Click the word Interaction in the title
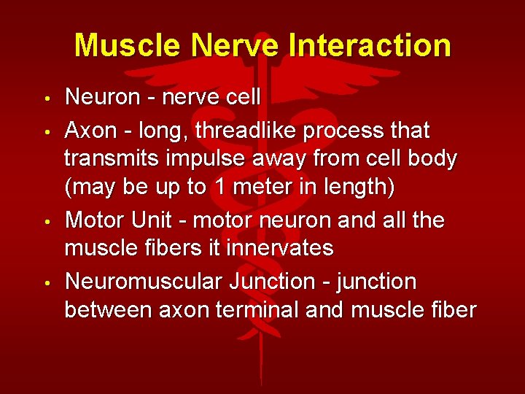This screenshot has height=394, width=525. click(x=370, y=45)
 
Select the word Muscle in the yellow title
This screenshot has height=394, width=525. click(x=128, y=45)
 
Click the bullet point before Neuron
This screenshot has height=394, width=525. click(x=45, y=98)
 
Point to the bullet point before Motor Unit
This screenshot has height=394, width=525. click(x=45, y=221)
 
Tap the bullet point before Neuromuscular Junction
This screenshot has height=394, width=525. click(x=45, y=282)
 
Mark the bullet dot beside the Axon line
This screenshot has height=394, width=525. click(x=45, y=132)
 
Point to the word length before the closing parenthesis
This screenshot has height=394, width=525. click(x=358, y=188)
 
